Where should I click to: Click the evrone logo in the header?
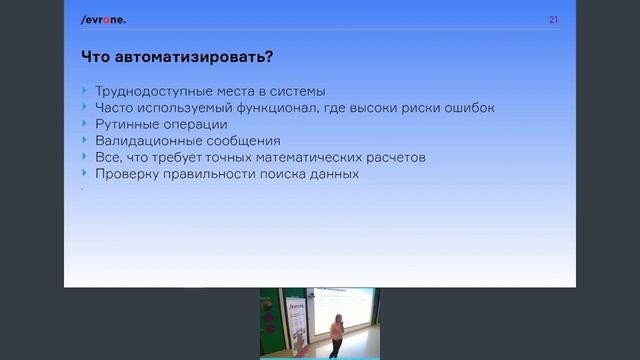click(104, 20)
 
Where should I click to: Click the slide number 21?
click(553, 20)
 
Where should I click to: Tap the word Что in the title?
click(98, 55)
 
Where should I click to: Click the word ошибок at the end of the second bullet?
click(470, 108)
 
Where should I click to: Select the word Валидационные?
click(140, 141)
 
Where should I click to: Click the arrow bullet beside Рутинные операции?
click(85, 124)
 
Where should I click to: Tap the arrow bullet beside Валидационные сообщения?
click(85, 141)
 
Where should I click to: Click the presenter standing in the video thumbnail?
click(338, 333)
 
